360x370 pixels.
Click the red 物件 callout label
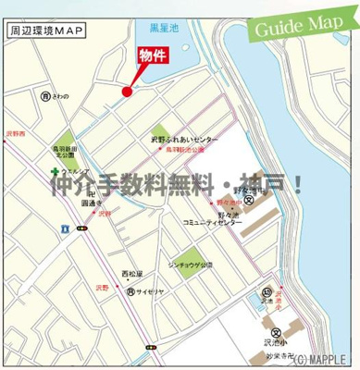click(153, 55)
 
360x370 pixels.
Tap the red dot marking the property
click(126, 90)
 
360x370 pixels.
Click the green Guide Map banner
click(304, 22)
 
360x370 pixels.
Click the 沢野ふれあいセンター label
click(185, 141)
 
